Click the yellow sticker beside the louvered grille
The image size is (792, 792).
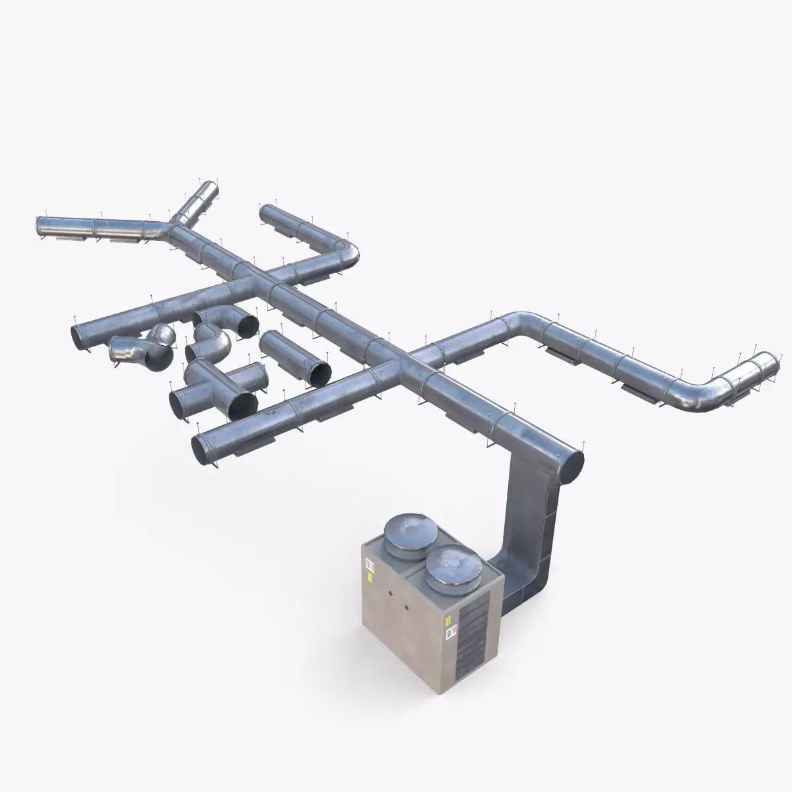click(x=447, y=620)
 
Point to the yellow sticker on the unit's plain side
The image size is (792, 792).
click(x=370, y=577)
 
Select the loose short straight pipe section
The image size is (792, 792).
click(x=295, y=356)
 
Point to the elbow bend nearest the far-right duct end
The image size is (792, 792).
click(x=700, y=394)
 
